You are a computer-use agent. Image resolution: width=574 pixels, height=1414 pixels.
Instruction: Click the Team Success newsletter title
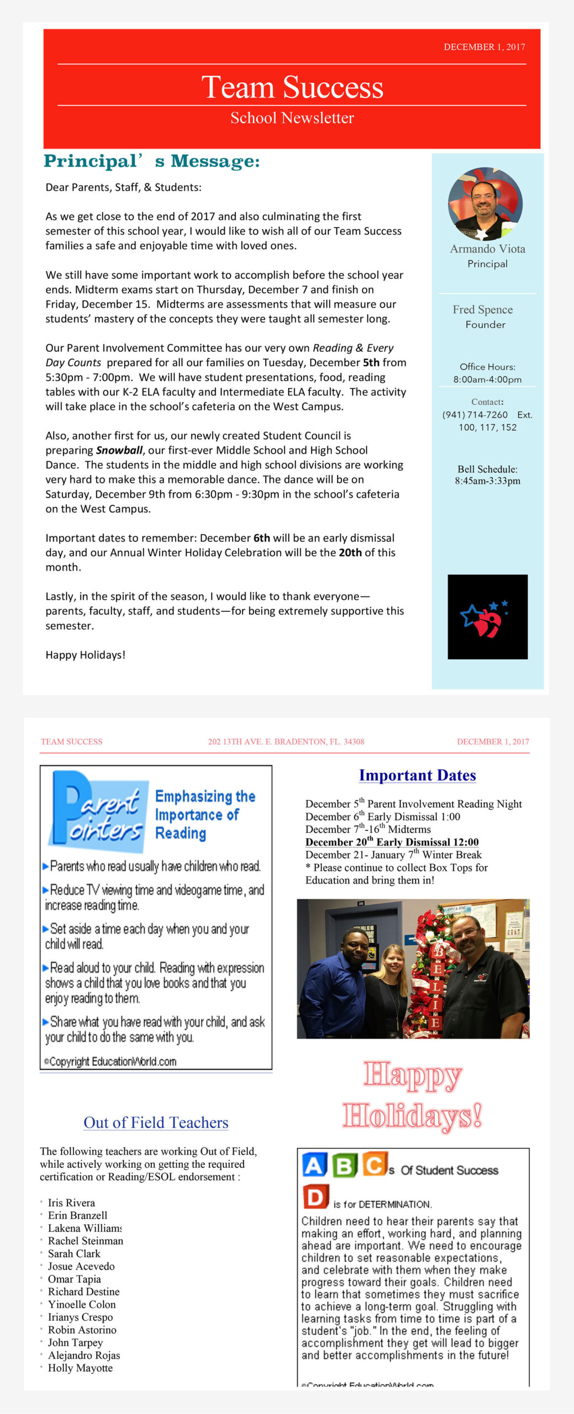point(292,87)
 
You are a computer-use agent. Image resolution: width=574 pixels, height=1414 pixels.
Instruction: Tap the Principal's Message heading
point(151,161)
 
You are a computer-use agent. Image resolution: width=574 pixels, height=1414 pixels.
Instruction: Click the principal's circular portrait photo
point(485,204)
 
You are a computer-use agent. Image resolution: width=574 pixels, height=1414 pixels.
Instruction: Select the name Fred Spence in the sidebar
point(482,309)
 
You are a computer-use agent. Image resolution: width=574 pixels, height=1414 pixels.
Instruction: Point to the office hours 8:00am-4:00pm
point(487,379)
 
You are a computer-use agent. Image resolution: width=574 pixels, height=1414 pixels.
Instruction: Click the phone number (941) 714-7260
point(475,415)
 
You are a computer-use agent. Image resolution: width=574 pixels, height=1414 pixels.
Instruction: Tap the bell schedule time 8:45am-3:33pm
point(487,481)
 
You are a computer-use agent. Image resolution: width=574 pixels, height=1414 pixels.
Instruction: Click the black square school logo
point(487,616)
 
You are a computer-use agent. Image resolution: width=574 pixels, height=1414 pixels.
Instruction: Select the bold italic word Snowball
point(119,450)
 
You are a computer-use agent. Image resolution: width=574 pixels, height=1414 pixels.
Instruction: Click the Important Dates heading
point(417,775)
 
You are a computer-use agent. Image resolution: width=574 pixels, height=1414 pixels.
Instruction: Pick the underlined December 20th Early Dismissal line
point(392,842)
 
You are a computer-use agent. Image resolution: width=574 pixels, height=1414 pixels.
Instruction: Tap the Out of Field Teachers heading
point(156,1123)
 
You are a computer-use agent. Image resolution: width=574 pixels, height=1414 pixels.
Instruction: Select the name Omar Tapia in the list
point(74,1279)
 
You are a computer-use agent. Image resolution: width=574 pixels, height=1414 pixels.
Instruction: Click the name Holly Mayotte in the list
point(80,1368)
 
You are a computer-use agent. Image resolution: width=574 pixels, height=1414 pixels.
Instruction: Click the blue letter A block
point(314,1165)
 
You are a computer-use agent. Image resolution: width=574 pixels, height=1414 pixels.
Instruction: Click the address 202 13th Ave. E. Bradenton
point(286,742)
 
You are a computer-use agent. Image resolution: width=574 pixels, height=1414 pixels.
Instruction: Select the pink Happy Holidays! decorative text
point(413,1096)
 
